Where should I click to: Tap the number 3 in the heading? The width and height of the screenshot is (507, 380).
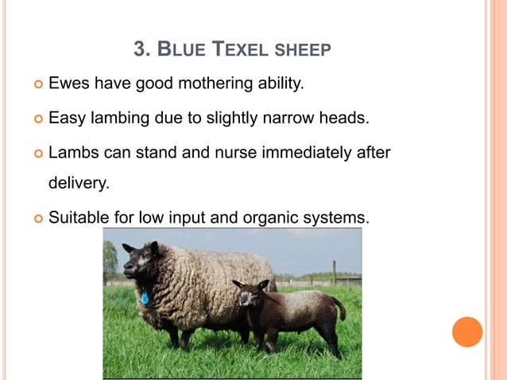pos(141,50)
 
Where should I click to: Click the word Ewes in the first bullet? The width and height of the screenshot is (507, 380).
pos(70,83)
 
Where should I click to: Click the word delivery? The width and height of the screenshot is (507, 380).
pos(79,184)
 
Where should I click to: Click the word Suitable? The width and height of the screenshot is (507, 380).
pos(78,216)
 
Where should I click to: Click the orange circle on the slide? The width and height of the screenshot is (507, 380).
pos(467,332)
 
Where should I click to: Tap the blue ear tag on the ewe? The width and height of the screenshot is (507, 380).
pos(145,298)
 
